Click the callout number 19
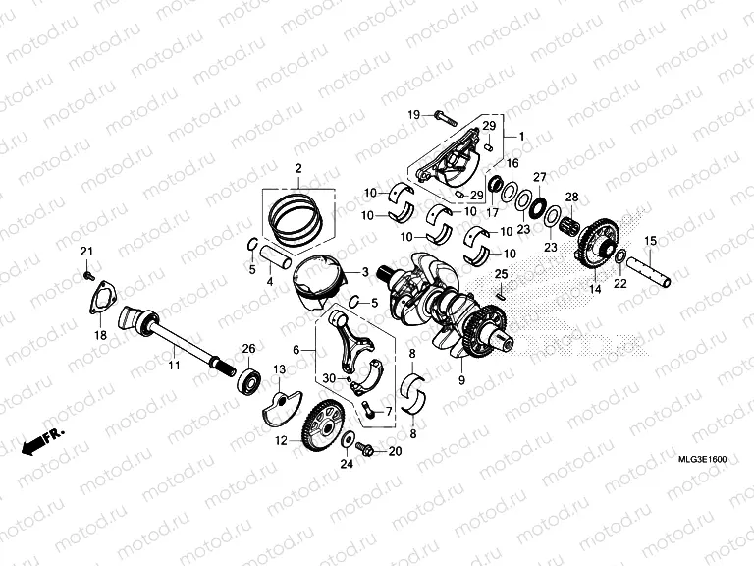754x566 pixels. (413, 114)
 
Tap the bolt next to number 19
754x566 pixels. (439, 116)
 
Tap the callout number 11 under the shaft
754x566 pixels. (173, 366)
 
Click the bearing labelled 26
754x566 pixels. (250, 377)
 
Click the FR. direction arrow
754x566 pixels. (43, 439)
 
